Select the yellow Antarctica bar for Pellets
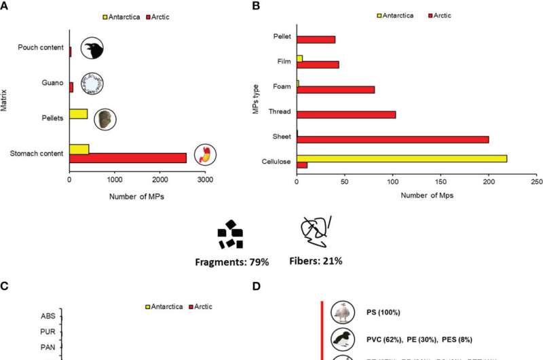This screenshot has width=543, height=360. [79, 113]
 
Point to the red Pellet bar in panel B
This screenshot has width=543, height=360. [316, 39]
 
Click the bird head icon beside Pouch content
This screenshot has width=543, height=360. [92, 48]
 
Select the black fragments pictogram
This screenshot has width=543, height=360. [230, 234]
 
